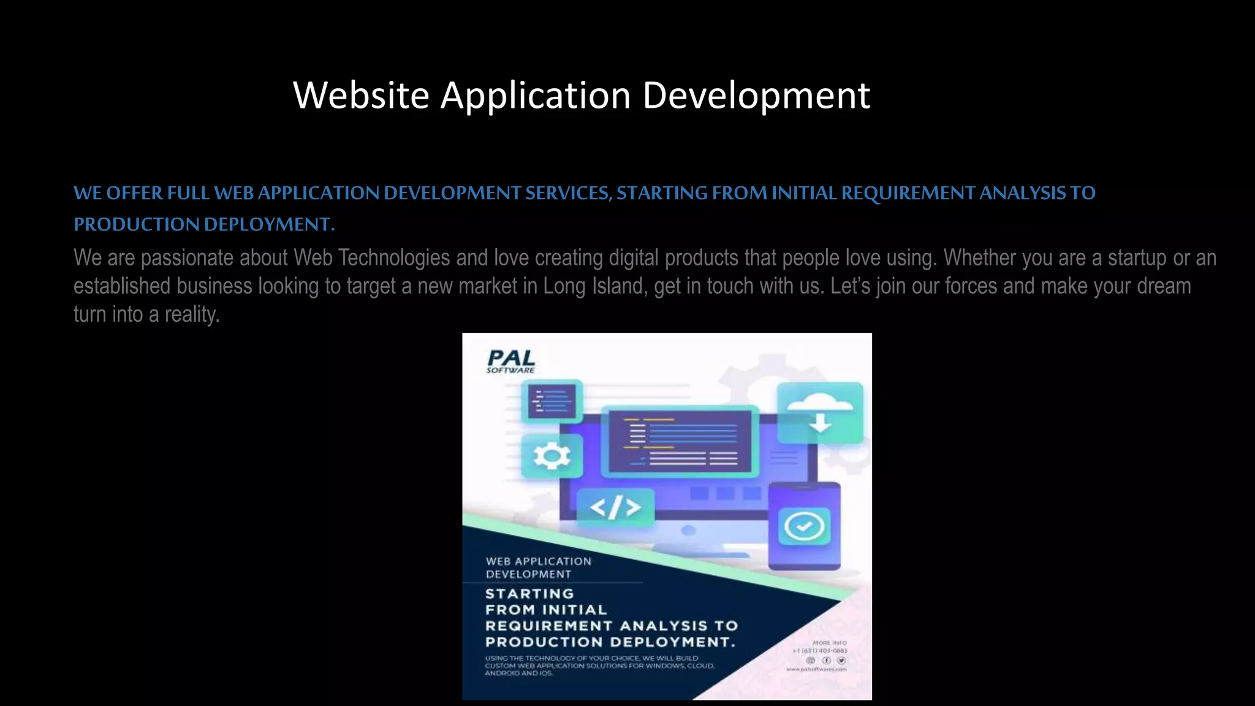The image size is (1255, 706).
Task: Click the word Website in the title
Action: [361, 96]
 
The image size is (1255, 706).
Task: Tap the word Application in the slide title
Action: [536, 96]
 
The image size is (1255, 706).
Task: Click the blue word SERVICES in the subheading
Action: [568, 193]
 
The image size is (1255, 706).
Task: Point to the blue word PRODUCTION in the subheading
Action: [137, 224]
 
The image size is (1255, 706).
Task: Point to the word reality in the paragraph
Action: [191, 314]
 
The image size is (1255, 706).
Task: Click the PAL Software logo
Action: [511, 361]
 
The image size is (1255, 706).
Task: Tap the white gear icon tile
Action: [552, 457]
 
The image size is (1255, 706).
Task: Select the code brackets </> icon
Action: [615, 507]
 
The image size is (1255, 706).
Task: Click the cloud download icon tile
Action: [820, 412]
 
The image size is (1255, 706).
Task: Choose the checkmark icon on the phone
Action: [804, 526]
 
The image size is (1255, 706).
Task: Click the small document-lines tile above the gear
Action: [552, 401]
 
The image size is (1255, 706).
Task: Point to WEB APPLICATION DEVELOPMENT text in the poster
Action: [538, 567]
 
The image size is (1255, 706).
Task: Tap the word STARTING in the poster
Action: [529, 594]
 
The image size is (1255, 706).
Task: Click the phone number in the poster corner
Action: [820, 651]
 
